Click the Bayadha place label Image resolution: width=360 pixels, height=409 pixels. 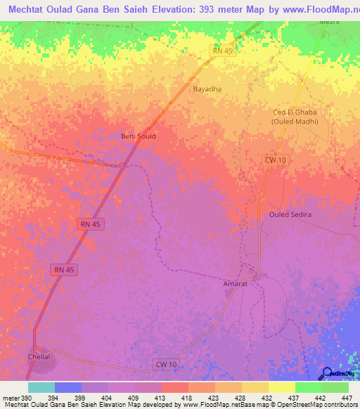click(207, 89)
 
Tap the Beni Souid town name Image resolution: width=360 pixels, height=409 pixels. click(139, 136)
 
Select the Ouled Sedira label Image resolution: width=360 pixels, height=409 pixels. click(290, 214)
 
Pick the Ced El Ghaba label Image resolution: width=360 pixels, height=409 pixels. click(295, 112)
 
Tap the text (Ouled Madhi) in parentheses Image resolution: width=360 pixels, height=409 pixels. click(295, 122)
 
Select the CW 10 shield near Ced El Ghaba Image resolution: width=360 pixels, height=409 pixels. click(275, 160)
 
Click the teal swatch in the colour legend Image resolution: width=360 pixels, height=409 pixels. click(41, 387)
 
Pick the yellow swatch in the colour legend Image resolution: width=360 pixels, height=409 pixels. click(281, 387)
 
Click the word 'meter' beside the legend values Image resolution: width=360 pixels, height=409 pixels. click(10, 398)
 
